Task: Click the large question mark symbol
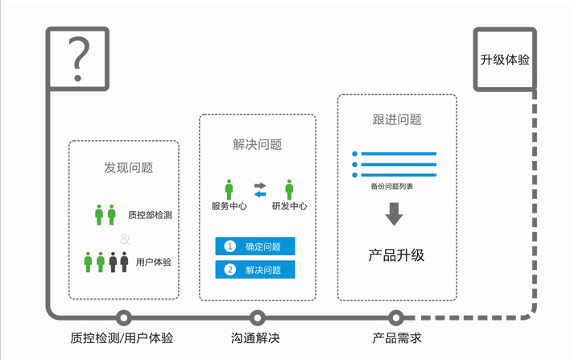[78, 59]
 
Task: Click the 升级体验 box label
[505, 60]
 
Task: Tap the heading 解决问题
[257, 144]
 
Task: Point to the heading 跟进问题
[397, 119]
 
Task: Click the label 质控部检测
[149, 215]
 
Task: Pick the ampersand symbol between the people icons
[124, 238]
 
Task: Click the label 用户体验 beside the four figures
[153, 262]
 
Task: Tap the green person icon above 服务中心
[229, 189]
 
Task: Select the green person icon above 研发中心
[289, 189]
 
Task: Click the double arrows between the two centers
[259, 189]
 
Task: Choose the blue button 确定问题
[255, 246]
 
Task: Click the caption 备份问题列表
[392, 186]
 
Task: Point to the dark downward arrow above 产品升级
[394, 214]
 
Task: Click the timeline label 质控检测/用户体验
[122, 338]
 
